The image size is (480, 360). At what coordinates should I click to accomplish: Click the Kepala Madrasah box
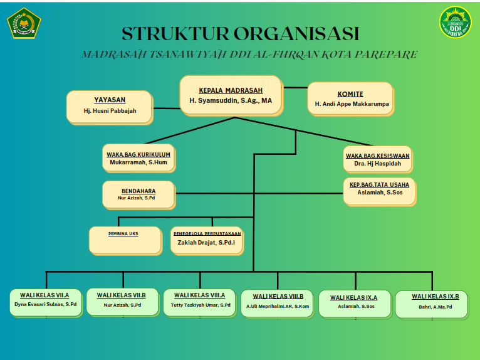(231, 95)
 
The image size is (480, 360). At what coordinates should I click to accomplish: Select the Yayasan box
(110, 106)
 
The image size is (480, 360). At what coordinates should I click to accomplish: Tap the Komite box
(350, 98)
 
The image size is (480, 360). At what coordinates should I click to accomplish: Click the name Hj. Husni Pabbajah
(110, 111)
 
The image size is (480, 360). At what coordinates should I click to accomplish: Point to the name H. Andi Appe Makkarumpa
(352, 103)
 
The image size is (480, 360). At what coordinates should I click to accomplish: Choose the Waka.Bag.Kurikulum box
(138, 158)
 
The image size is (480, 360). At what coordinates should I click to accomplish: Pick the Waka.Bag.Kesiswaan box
(377, 159)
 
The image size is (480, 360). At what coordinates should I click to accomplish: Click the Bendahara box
(138, 194)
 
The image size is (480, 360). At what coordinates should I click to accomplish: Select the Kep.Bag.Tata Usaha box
(379, 191)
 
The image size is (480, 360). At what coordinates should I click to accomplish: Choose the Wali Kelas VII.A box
(44, 302)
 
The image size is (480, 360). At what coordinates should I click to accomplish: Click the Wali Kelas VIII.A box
(199, 302)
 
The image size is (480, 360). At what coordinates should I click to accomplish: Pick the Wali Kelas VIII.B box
(278, 303)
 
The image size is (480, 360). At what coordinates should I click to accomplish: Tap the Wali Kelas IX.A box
(354, 304)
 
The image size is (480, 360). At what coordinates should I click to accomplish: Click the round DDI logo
(456, 22)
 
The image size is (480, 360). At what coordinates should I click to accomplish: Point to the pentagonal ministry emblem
(24, 23)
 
